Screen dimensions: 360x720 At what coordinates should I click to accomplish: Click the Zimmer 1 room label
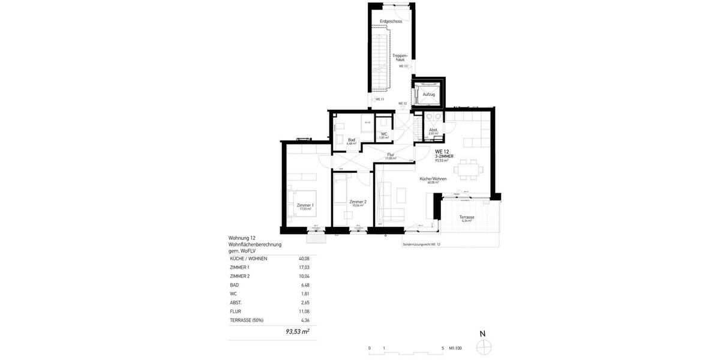point(305,205)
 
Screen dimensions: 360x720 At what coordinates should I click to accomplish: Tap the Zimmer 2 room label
point(358,202)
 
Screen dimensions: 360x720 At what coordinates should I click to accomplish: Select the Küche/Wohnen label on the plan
point(430,178)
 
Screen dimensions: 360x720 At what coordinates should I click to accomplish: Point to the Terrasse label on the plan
point(467,217)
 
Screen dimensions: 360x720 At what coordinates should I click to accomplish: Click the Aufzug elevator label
point(428,95)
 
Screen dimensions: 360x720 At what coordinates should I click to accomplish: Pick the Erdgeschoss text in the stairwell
point(391,22)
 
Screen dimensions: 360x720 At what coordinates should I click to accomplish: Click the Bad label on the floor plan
point(352,140)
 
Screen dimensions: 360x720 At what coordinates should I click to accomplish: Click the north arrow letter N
point(482,334)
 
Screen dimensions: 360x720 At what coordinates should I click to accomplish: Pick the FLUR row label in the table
point(236,311)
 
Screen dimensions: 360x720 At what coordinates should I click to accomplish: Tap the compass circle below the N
point(483,346)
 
